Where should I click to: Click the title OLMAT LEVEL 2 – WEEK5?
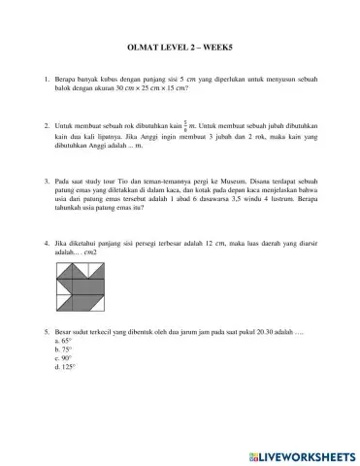[x=180, y=44]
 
